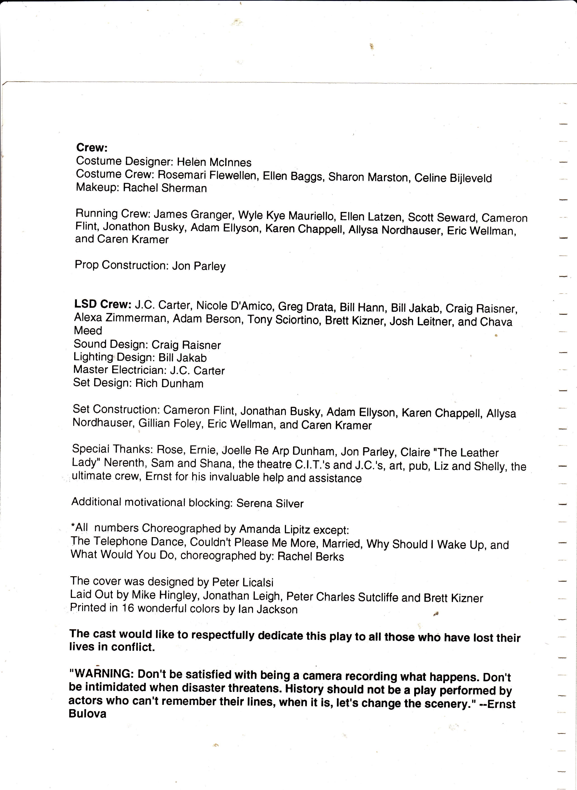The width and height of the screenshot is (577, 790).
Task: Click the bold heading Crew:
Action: click(x=92, y=148)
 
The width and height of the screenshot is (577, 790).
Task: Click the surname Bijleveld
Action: click(x=471, y=178)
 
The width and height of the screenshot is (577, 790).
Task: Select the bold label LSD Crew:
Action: click(x=103, y=304)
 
